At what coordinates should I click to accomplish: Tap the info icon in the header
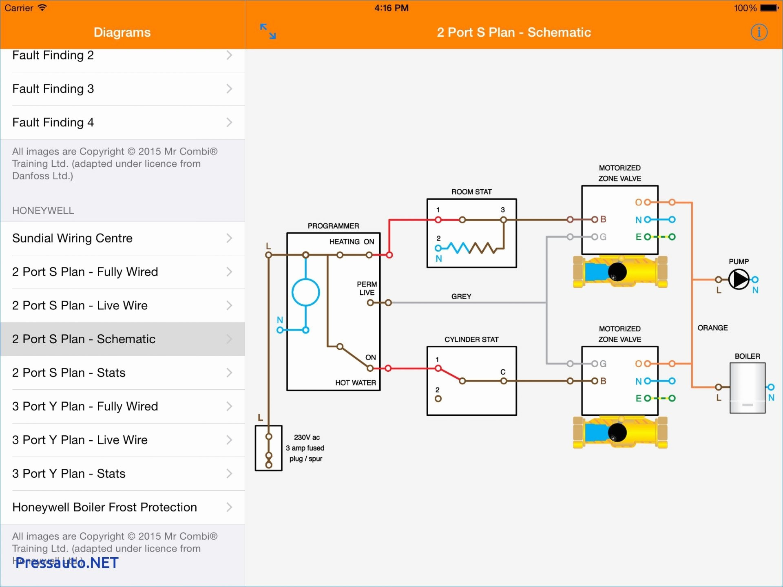(x=759, y=32)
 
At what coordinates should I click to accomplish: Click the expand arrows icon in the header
(x=268, y=31)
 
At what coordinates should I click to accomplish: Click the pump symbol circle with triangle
(x=739, y=280)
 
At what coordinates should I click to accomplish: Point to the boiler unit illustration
(x=747, y=388)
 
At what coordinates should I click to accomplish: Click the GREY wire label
(x=461, y=296)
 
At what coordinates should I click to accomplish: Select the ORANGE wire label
(x=712, y=328)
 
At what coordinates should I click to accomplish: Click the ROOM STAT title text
(x=471, y=192)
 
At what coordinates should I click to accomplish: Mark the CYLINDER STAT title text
(x=471, y=340)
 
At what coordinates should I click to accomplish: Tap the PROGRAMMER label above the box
(x=333, y=226)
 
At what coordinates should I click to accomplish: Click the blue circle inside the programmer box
(x=306, y=292)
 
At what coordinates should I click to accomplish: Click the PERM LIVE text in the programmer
(x=367, y=288)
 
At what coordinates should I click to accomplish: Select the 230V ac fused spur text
(x=306, y=448)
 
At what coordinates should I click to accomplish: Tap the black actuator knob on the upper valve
(x=617, y=271)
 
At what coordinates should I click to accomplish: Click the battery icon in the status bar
(x=769, y=8)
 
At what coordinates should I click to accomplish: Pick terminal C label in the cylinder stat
(x=503, y=372)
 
